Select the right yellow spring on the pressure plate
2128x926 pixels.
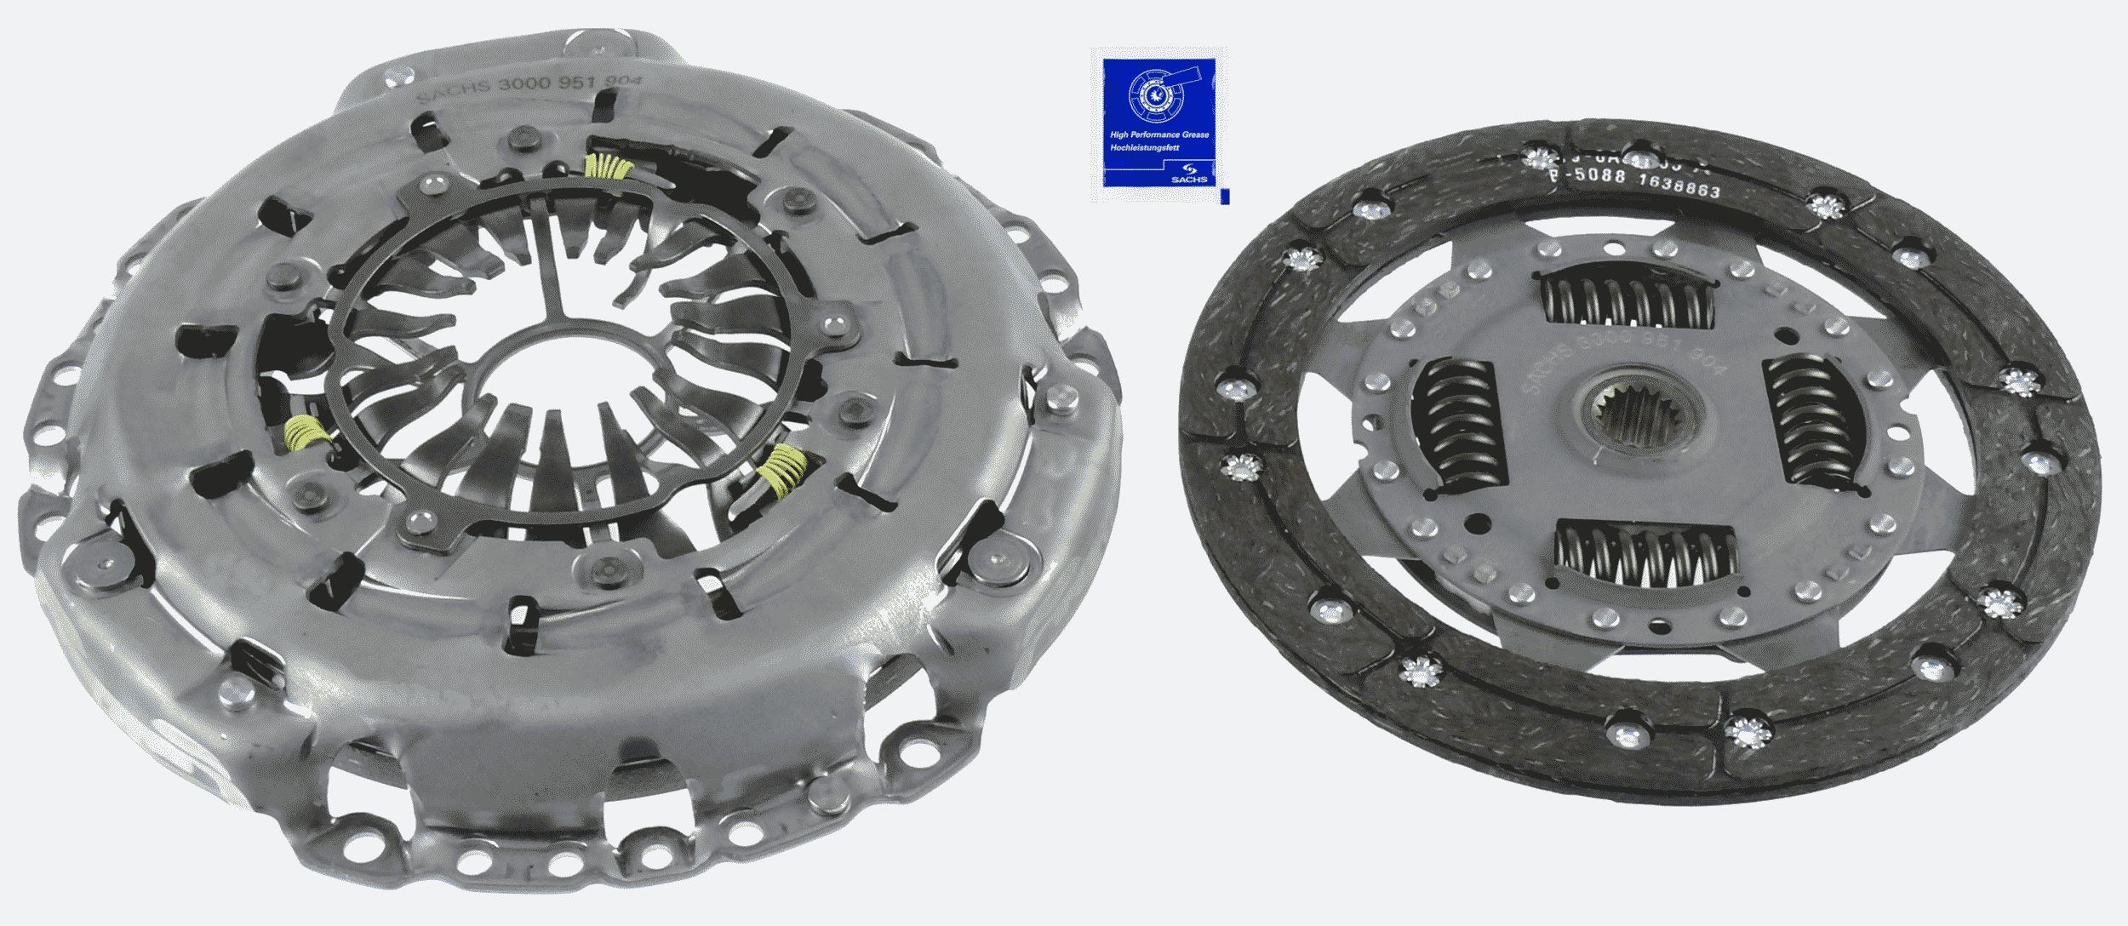pos(786,471)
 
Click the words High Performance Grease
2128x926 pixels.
pos(1158,134)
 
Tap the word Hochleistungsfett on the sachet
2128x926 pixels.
pos(1145,147)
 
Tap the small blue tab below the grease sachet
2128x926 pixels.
pos(1224,197)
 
